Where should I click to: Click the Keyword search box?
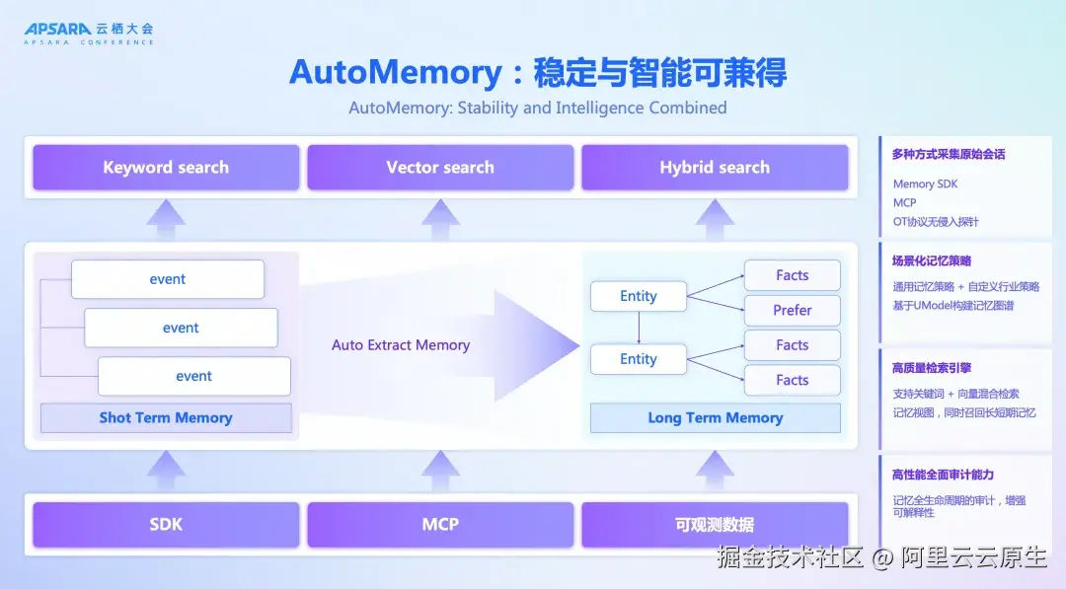point(166,167)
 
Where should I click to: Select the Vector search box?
point(440,167)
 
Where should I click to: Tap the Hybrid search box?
point(715,167)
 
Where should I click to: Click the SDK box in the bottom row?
point(166,525)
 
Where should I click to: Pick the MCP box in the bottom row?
point(440,525)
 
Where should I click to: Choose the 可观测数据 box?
point(715,525)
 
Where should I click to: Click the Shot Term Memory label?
point(166,417)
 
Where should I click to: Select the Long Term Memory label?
point(716,417)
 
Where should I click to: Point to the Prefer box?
point(792,311)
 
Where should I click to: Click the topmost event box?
point(167,279)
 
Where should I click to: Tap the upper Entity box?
point(639,296)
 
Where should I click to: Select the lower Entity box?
point(639,359)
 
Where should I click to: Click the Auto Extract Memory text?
point(401,345)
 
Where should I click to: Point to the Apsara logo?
point(89,33)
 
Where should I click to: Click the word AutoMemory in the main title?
point(396,72)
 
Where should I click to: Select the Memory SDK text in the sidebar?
point(925,184)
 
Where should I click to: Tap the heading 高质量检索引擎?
point(932,368)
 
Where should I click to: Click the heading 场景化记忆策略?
point(932,260)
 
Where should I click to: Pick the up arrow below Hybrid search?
point(715,219)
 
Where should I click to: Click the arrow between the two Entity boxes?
point(639,329)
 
